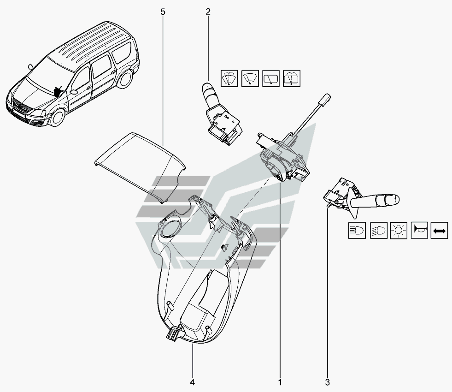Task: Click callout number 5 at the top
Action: point(163,12)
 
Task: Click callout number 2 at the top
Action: point(208,12)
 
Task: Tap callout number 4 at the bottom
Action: point(192,382)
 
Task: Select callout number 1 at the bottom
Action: point(280,382)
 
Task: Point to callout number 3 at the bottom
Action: point(327,382)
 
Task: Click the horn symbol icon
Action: point(419,230)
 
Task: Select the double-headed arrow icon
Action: point(439,230)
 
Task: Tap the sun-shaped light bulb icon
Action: point(399,230)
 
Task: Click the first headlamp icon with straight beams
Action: point(357,230)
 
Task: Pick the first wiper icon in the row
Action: point(229,78)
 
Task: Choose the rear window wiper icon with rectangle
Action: point(271,78)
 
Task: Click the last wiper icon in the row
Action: point(292,78)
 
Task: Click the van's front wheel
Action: point(58,117)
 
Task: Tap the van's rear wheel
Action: point(125,78)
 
